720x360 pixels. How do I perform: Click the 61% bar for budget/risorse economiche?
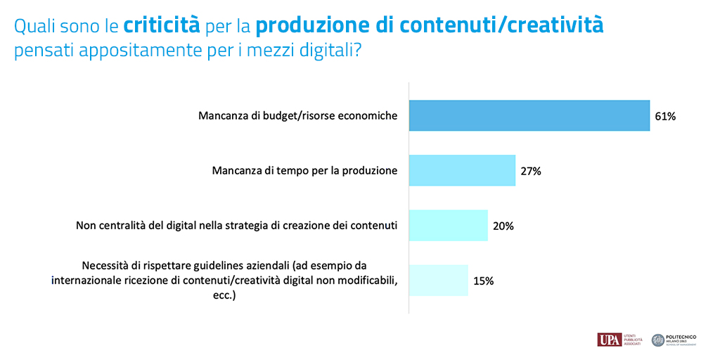(x=529, y=116)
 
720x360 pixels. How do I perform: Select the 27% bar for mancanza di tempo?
(x=462, y=170)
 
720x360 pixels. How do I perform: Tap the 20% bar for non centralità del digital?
(x=448, y=226)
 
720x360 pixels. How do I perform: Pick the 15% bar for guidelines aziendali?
(x=438, y=280)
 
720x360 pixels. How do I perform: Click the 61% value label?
(x=664, y=117)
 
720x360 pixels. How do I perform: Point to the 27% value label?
(x=530, y=171)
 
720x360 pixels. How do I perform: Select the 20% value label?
(x=503, y=226)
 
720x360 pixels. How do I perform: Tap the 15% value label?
(x=483, y=281)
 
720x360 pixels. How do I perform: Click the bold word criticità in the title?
(x=162, y=26)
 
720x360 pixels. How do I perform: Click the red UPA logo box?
(x=609, y=340)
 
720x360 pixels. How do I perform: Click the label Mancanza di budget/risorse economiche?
(x=297, y=116)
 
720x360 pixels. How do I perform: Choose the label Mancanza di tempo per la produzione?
(x=304, y=170)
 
